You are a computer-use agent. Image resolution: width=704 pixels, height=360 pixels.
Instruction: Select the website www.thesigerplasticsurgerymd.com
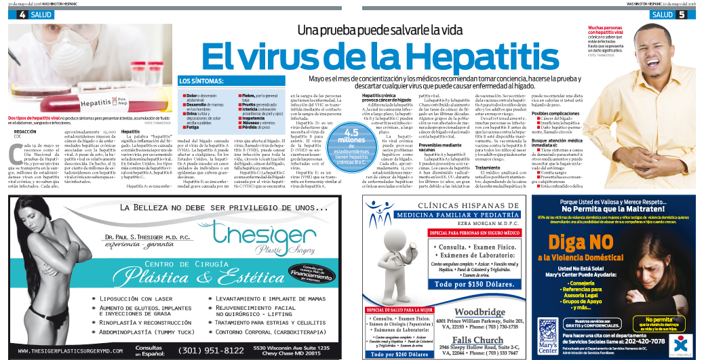70,351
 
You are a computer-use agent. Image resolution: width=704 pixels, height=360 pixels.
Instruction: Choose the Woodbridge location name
480,312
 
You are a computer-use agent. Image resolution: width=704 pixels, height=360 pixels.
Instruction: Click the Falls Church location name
478,340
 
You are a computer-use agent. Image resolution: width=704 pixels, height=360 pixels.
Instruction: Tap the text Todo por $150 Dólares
473,284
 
